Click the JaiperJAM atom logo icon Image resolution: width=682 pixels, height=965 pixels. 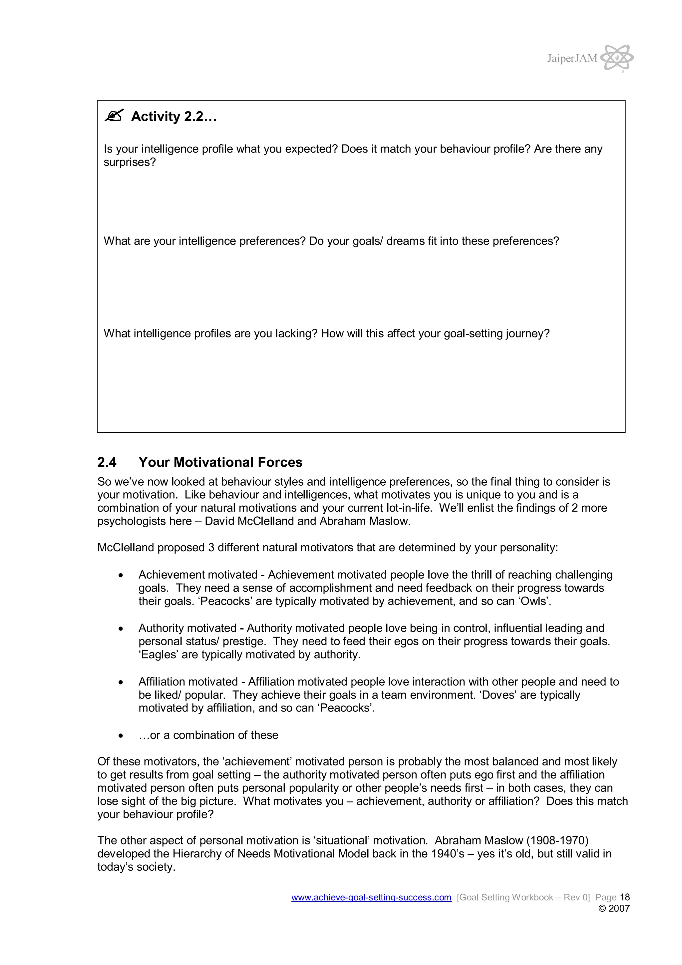pyautogui.click(x=617, y=58)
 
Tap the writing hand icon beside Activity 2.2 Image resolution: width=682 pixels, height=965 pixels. pyautogui.click(x=114, y=116)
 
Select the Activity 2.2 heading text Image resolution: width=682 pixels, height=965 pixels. pyautogui.click(x=174, y=117)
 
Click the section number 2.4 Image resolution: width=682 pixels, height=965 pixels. pyautogui.click(x=107, y=462)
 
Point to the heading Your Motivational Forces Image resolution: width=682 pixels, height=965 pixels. pyautogui.click(x=220, y=462)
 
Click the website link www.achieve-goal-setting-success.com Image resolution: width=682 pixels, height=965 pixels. pyautogui.click(x=371, y=897)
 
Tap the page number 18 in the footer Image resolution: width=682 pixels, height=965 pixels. pyautogui.click(x=625, y=897)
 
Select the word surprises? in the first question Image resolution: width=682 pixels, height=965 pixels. pyautogui.click(x=130, y=162)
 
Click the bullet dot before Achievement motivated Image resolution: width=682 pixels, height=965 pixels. pyautogui.click(x=121, y=575)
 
